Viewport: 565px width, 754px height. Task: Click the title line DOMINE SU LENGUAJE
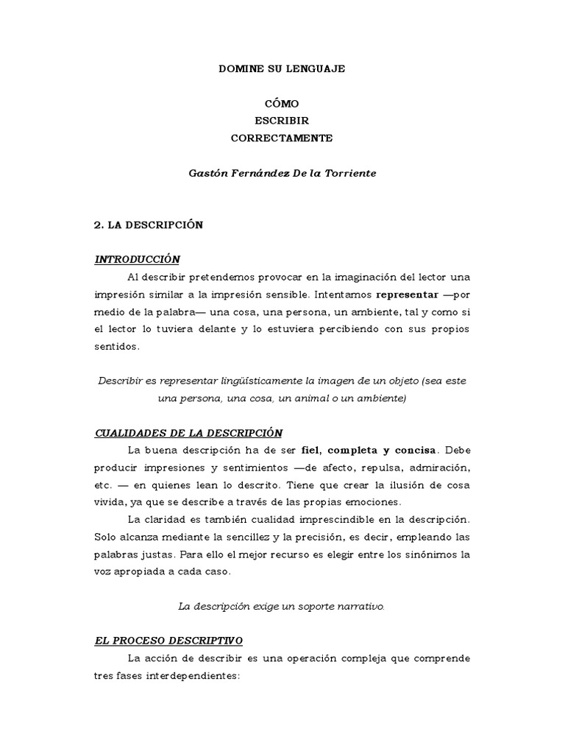282,68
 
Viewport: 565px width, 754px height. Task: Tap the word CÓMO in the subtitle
282,104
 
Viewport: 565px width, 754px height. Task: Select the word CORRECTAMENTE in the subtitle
282,138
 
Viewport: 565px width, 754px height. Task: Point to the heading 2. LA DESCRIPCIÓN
149,225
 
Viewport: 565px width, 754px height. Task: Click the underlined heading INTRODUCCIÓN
138,259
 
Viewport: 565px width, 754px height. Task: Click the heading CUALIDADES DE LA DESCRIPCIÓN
188,432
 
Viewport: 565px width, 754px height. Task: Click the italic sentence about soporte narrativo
282,606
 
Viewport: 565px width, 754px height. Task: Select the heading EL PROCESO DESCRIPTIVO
168,641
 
